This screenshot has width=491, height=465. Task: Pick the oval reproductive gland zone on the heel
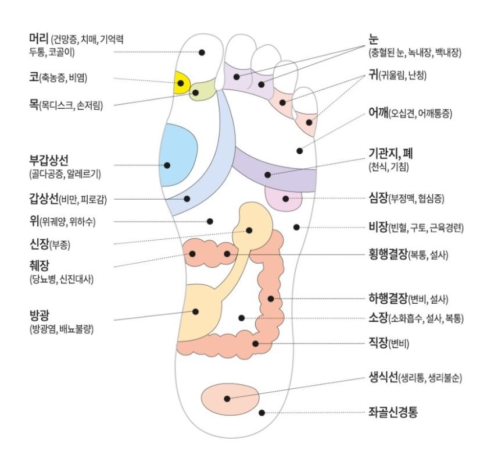(230, 397)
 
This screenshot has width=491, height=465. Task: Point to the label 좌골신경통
(393, 412)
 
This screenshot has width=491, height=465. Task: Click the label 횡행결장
(387, 254)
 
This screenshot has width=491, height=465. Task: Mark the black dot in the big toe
(202, 52)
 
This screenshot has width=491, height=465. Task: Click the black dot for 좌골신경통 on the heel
(262, 413)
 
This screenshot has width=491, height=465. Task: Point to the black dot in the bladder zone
(196, 312)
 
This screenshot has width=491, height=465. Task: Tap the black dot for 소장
(242, 318)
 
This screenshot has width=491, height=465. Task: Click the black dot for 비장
(296, 227)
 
